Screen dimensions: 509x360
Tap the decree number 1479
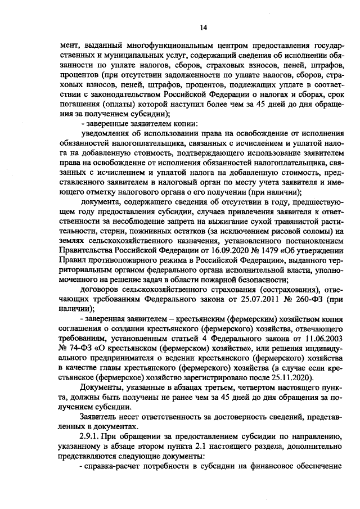[x=234, y=260]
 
